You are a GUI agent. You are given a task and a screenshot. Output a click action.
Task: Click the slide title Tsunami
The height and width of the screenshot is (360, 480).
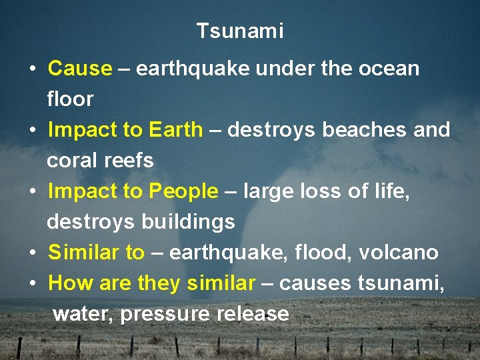[240, 31]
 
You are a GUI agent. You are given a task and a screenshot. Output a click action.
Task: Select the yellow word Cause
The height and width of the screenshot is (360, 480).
[80, 69]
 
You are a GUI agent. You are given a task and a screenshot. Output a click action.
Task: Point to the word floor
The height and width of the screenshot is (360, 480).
[70, 99]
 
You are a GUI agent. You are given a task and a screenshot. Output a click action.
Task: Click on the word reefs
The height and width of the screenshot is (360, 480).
[129, 161]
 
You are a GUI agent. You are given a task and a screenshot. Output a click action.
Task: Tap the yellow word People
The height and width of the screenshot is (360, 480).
[183, 191]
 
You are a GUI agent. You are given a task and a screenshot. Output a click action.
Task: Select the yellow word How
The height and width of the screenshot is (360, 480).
[71, 283]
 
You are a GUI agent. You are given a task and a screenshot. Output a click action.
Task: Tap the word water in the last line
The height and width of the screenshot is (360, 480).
[83, 314]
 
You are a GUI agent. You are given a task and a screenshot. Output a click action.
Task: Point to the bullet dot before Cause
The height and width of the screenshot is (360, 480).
[32, 69]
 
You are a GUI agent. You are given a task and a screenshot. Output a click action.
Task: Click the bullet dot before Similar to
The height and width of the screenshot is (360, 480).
[32, 253]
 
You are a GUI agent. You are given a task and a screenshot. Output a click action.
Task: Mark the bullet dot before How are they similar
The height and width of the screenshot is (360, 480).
[32, 284]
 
